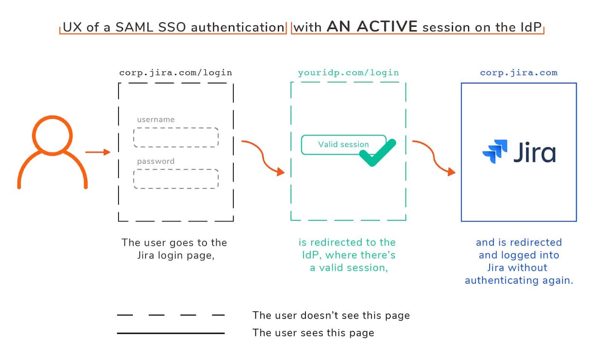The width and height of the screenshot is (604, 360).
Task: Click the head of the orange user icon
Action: pos(52,135)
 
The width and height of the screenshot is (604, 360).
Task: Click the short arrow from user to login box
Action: pos(97,152)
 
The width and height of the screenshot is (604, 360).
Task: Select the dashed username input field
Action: pos(176,137)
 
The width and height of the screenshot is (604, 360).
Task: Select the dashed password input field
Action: pos(176,179)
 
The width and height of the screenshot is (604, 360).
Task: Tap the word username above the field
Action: pos(156,120)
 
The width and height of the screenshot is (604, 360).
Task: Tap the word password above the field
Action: pos(156,162)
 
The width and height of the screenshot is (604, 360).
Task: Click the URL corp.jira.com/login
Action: pos(176,72)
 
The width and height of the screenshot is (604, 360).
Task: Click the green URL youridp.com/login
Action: pos(348,72)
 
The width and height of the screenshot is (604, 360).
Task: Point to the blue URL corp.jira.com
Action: pos(518,72)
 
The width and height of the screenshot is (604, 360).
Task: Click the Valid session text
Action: pos(343,145)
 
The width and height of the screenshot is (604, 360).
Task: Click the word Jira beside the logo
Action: pos(535,153)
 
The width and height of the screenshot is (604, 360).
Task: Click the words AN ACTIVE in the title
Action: pos(372,27)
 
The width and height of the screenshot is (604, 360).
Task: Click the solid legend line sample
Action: pos(171,333)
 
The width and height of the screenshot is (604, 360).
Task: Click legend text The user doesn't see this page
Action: pos(331,315)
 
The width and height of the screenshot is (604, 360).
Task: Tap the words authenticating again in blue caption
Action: pos(519,280)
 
